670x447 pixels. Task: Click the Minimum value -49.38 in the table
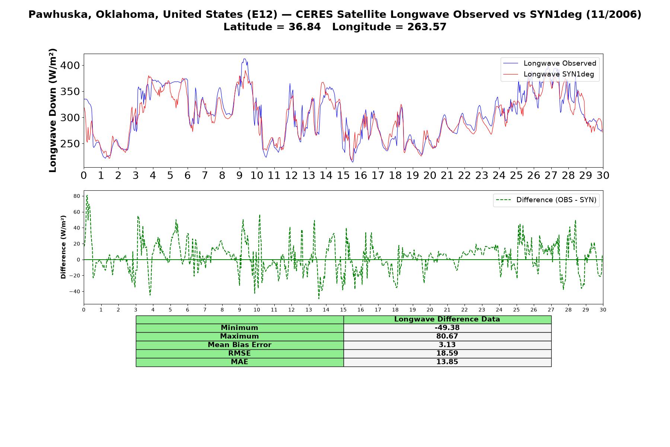pyautogui.click(x=447, y=328)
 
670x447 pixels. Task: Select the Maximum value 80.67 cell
pyautogui.click(x=447, y=336)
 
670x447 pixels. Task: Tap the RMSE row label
pyautogui.click(x=240, y=354)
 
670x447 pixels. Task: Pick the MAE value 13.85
pyautogui.click(x=447, y=362)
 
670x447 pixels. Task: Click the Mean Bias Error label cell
pyautogui.click(x=240, y=345)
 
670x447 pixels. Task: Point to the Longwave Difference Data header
pyautogui.click(x=447, y=319)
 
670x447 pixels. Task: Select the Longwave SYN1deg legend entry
pyautogui.click(x=549, y=74)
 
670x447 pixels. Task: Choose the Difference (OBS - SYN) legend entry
pyautogui.click(x=546, y=200)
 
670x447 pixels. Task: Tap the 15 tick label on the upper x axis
pyautogui.click(x=343, y=175)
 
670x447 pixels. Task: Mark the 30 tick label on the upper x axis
pyautogui.click(x=603, y=175)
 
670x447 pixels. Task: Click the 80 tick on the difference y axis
pyautogui.click(x=77, y=196)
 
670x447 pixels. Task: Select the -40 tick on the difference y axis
pyautogui.click(x=74, y=292)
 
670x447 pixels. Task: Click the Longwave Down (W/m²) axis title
pyautogui.click(x=53, y=110)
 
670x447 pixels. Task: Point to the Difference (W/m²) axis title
pyautogui.click(x=63, y=247)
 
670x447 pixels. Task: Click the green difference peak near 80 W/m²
pyautogui.click(x=87, y=195)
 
